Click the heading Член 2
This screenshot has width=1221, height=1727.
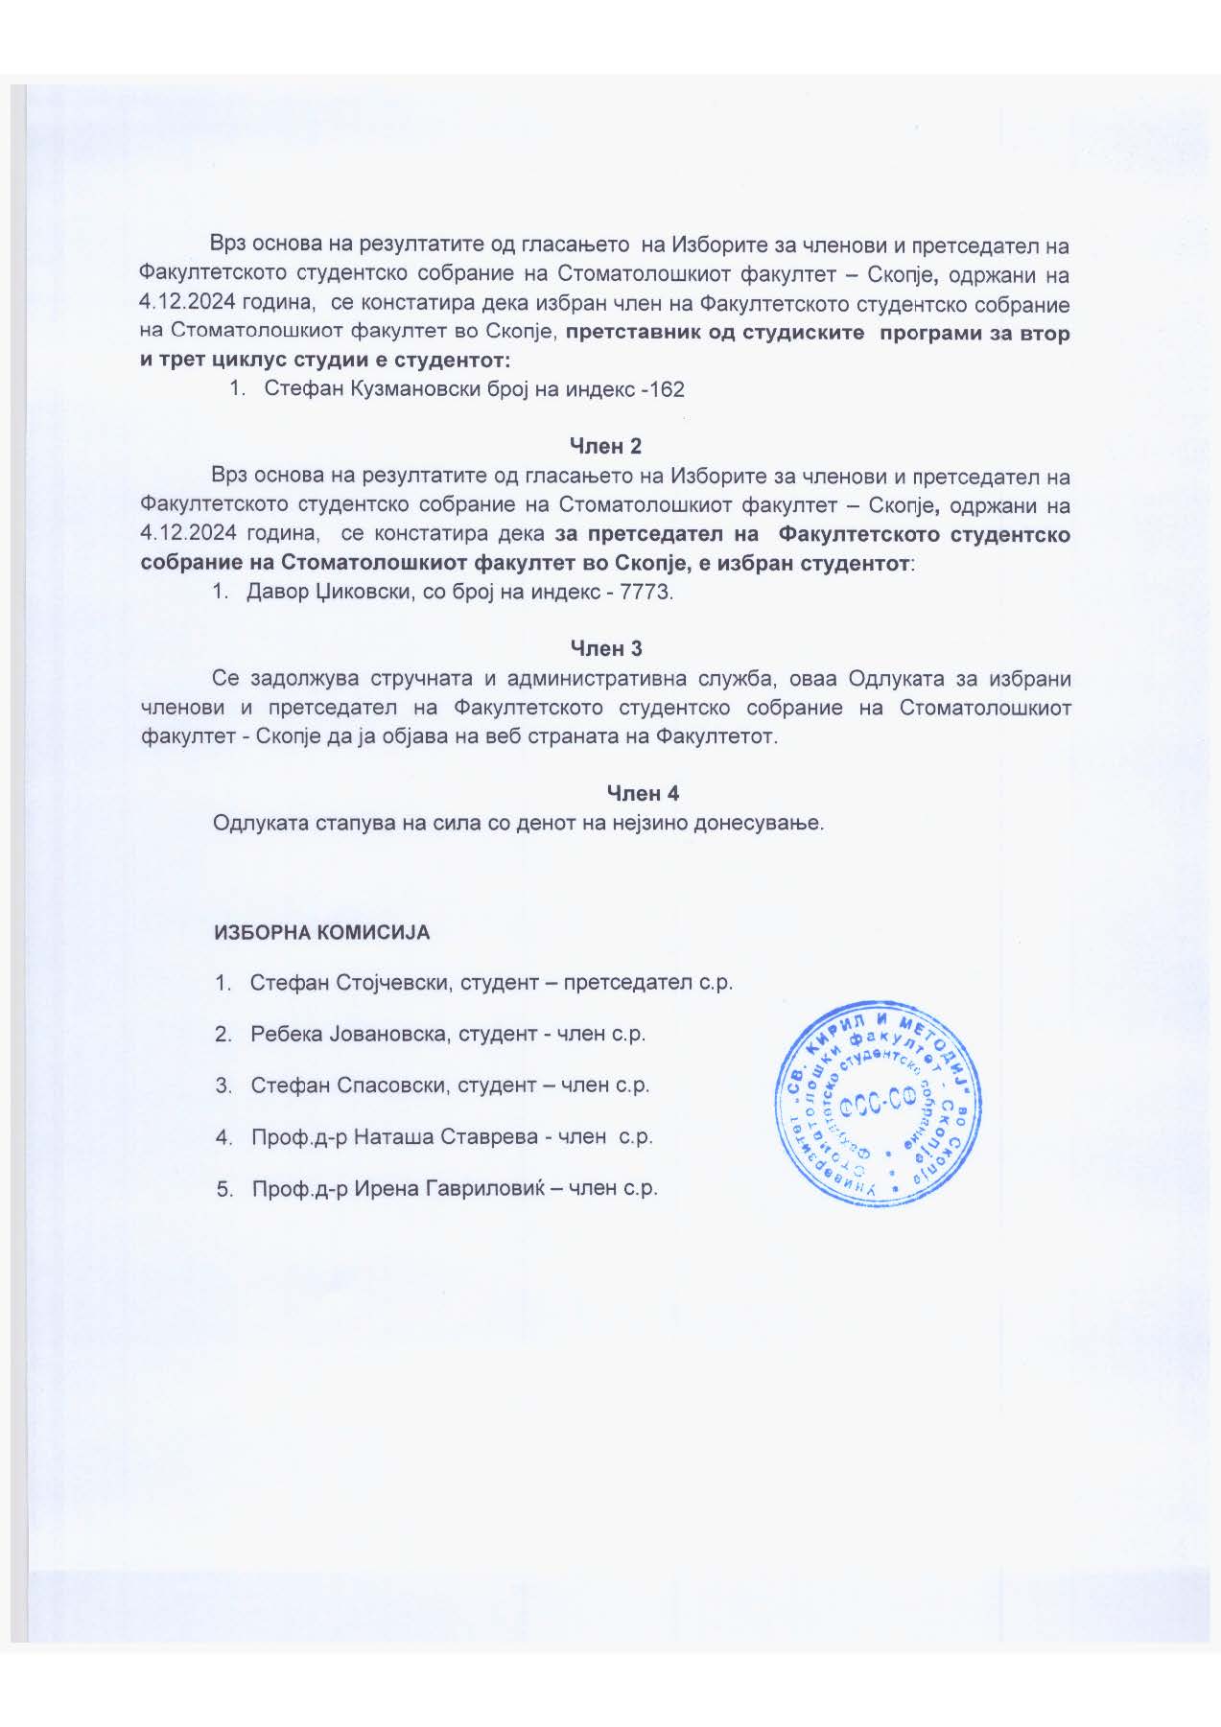click(605, 446)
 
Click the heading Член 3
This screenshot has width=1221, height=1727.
click(606, 648)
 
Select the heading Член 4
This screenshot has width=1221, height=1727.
click(643, 793)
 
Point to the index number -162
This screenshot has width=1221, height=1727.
click(662, 389)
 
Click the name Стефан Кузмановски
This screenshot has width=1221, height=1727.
click(372, 389)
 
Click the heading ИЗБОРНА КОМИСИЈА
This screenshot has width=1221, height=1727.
click(322, 932)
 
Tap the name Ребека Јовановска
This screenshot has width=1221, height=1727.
click(349, 1034)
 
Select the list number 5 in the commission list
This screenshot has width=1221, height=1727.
click(224, 1189)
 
